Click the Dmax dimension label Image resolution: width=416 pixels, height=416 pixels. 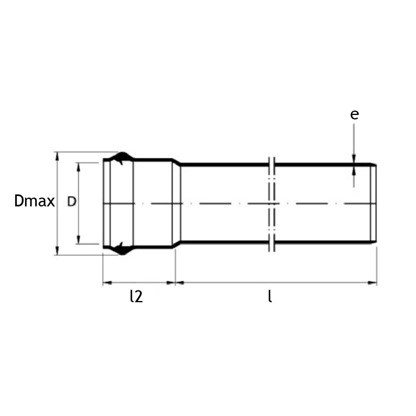coord(34,202)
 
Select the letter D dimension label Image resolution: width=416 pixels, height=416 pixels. coord(71,202)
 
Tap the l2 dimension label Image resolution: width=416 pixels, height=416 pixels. coord(136,296)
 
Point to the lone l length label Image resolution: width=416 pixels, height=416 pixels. coord(270,296)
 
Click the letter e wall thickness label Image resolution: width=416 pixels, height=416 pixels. coord(354,114)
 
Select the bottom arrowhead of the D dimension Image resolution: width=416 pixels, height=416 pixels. coord(79,240)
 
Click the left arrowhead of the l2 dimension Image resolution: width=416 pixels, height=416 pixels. coord(106,283)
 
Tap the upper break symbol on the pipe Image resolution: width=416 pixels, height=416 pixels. coord(272,164)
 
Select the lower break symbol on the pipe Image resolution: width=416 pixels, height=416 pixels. coord(272,243)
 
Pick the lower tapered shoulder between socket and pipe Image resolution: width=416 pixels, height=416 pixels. coord(176,245)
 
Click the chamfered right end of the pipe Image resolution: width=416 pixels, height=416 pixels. coord(374,203)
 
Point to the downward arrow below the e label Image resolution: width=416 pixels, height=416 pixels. coord(354,159)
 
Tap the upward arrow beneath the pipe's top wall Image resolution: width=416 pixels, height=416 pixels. coord(354,171)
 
